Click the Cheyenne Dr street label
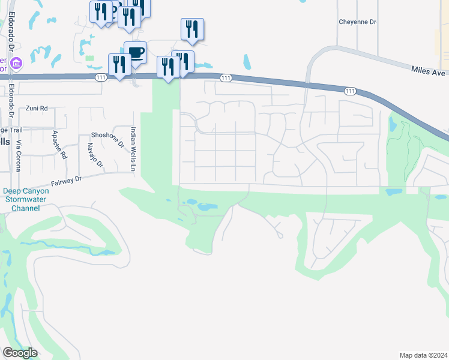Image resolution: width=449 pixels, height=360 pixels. tap(357, 22)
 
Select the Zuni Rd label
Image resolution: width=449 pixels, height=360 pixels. tap(36, 109)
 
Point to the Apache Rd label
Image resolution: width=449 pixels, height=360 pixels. tap(58, 144)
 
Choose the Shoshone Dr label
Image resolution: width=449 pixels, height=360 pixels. tap(107, 139)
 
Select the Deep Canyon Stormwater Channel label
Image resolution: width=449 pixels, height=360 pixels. tap(24, 200)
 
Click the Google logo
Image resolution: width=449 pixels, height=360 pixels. tap(20, 353)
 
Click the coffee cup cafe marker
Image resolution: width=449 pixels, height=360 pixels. tap(136, 53)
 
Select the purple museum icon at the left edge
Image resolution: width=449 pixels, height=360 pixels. tap(16, 62)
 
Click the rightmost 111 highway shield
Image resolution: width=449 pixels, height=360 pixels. tap(351, 91)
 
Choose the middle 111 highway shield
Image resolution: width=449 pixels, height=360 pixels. tap(226, 78)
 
